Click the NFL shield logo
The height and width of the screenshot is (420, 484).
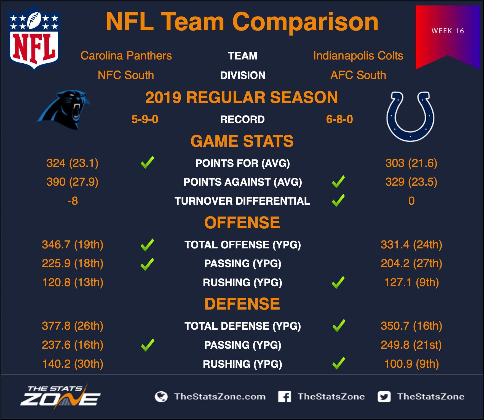coord(34,38)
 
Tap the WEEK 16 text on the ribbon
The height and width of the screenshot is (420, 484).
coord(448,31)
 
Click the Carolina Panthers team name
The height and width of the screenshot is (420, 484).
coord(126,56)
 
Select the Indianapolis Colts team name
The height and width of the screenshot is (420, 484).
coord(358,56)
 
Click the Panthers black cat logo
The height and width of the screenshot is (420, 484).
coord(64,110)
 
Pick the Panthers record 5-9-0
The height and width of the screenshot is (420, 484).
coord(145,119)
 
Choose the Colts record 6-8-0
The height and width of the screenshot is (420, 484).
coord(339,119)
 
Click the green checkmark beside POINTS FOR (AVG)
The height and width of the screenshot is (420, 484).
coord(148,162)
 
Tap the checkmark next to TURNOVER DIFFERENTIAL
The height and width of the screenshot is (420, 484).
coord(338,200)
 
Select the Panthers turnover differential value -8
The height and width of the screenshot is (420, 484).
coord(73,201)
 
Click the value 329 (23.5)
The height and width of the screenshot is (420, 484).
coord(411,182)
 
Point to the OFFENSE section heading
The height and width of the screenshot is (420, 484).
coord(242,223)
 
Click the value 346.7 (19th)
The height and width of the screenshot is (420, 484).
coord(73,245)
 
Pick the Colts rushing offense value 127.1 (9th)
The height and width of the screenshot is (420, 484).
coord(411,282)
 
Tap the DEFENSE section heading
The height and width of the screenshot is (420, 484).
coord(242,304)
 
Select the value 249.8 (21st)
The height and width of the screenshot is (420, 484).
coord(411,345)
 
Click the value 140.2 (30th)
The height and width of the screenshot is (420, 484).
coord(73,364)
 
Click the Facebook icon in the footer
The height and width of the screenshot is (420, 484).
coord(285,397)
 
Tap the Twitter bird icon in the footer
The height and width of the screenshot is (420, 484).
coord(384,397)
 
